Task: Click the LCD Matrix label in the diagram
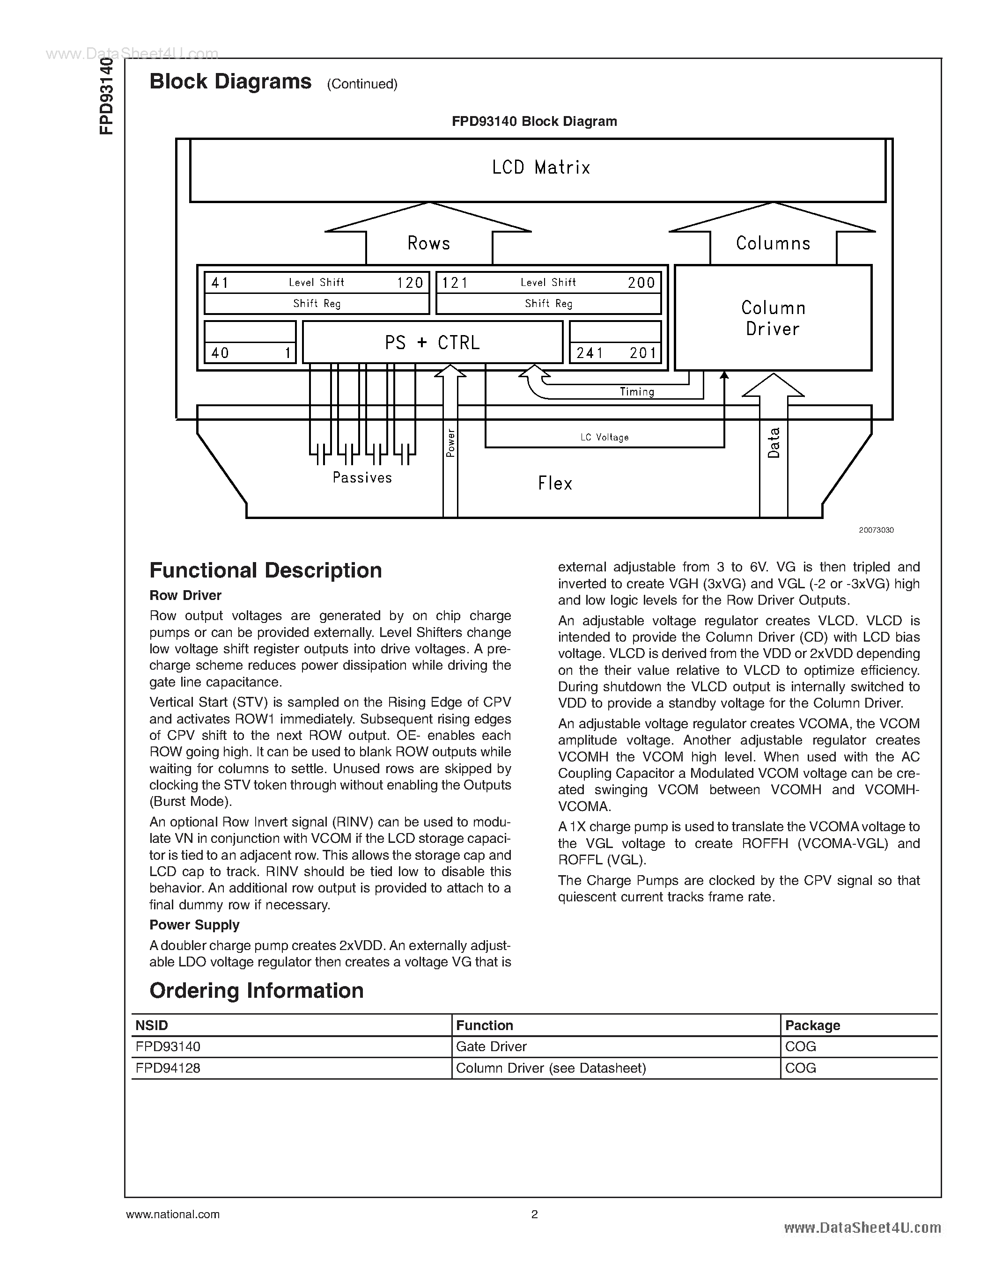(540, 168)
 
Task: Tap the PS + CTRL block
(432, 343)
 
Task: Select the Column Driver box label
(773, 318)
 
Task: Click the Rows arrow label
(428, 243)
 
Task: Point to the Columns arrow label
(773, 243)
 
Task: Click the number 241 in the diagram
(590, 353)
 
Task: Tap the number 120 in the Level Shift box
(410, 283)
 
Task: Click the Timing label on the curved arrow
(637, 392)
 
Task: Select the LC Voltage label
(604, 437)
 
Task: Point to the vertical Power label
(451, 443)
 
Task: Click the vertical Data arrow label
(774, 443)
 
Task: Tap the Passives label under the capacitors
(362, 477)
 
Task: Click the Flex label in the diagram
(555, 484)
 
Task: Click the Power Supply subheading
(194, 925)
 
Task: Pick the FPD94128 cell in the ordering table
(168, 1068)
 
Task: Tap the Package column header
(812, 1025)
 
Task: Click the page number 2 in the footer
(534, 1214)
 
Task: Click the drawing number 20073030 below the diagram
(876, 530)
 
